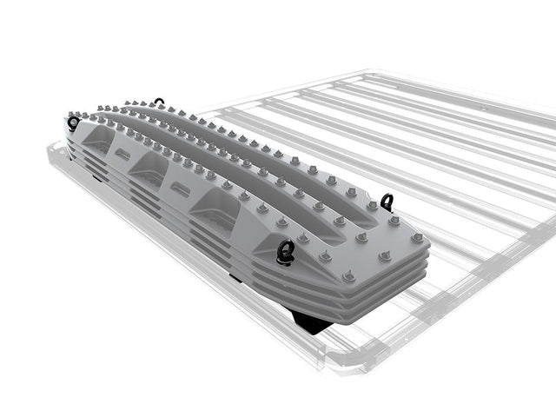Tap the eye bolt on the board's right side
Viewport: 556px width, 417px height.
pos(386,202)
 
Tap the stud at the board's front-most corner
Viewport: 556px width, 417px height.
pos(349,276)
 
